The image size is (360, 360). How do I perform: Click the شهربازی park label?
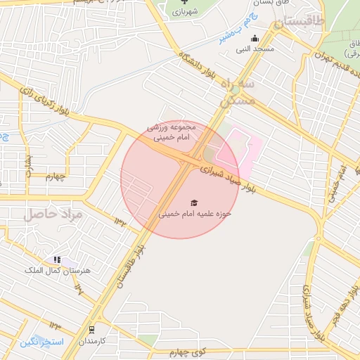coord(185,12)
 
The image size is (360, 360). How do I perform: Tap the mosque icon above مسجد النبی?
coord(255,39)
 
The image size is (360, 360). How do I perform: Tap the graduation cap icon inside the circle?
coord(193,202)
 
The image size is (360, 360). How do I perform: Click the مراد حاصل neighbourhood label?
coord(53,214)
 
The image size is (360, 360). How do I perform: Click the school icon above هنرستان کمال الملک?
coord(56,259)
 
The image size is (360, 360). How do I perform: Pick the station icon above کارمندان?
coord(91,330)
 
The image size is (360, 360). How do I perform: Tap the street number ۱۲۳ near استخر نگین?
coord(55,326)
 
